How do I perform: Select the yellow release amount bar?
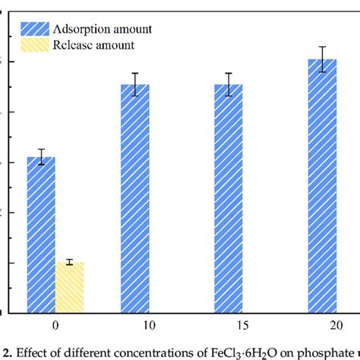[x=69, y=287]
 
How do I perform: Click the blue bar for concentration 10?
[x=135, y=197]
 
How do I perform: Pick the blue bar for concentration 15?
[x=229, y=197]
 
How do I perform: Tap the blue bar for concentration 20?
[x=322, y=185]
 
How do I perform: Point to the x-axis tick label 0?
[x=55, y=324]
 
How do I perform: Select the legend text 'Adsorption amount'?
[x=103, y=30]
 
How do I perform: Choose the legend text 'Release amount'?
[x=94, y=46]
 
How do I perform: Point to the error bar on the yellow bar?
[x=69, y=262]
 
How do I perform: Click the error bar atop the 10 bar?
[x=135, y=84]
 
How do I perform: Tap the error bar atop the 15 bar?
[x=229, y=84]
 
